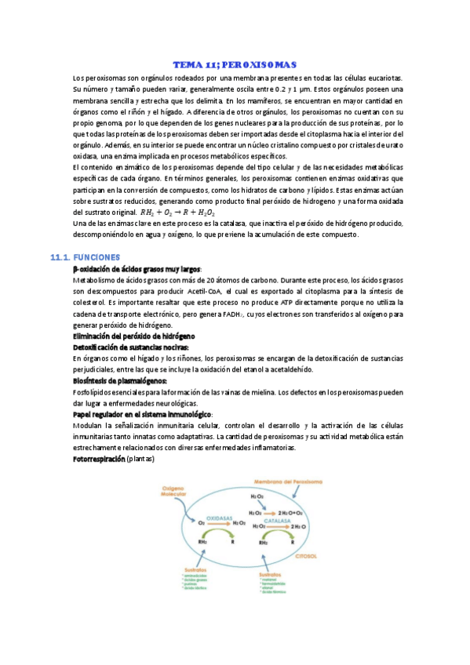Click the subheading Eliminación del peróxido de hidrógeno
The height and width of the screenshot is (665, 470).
[129, 336]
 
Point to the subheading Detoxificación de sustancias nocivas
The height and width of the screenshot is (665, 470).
[131, 347]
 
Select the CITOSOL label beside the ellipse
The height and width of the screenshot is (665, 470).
[305, 555]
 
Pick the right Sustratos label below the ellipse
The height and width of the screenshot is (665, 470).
[269, 575]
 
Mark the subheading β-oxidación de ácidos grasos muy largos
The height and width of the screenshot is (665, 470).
[137, 268]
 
